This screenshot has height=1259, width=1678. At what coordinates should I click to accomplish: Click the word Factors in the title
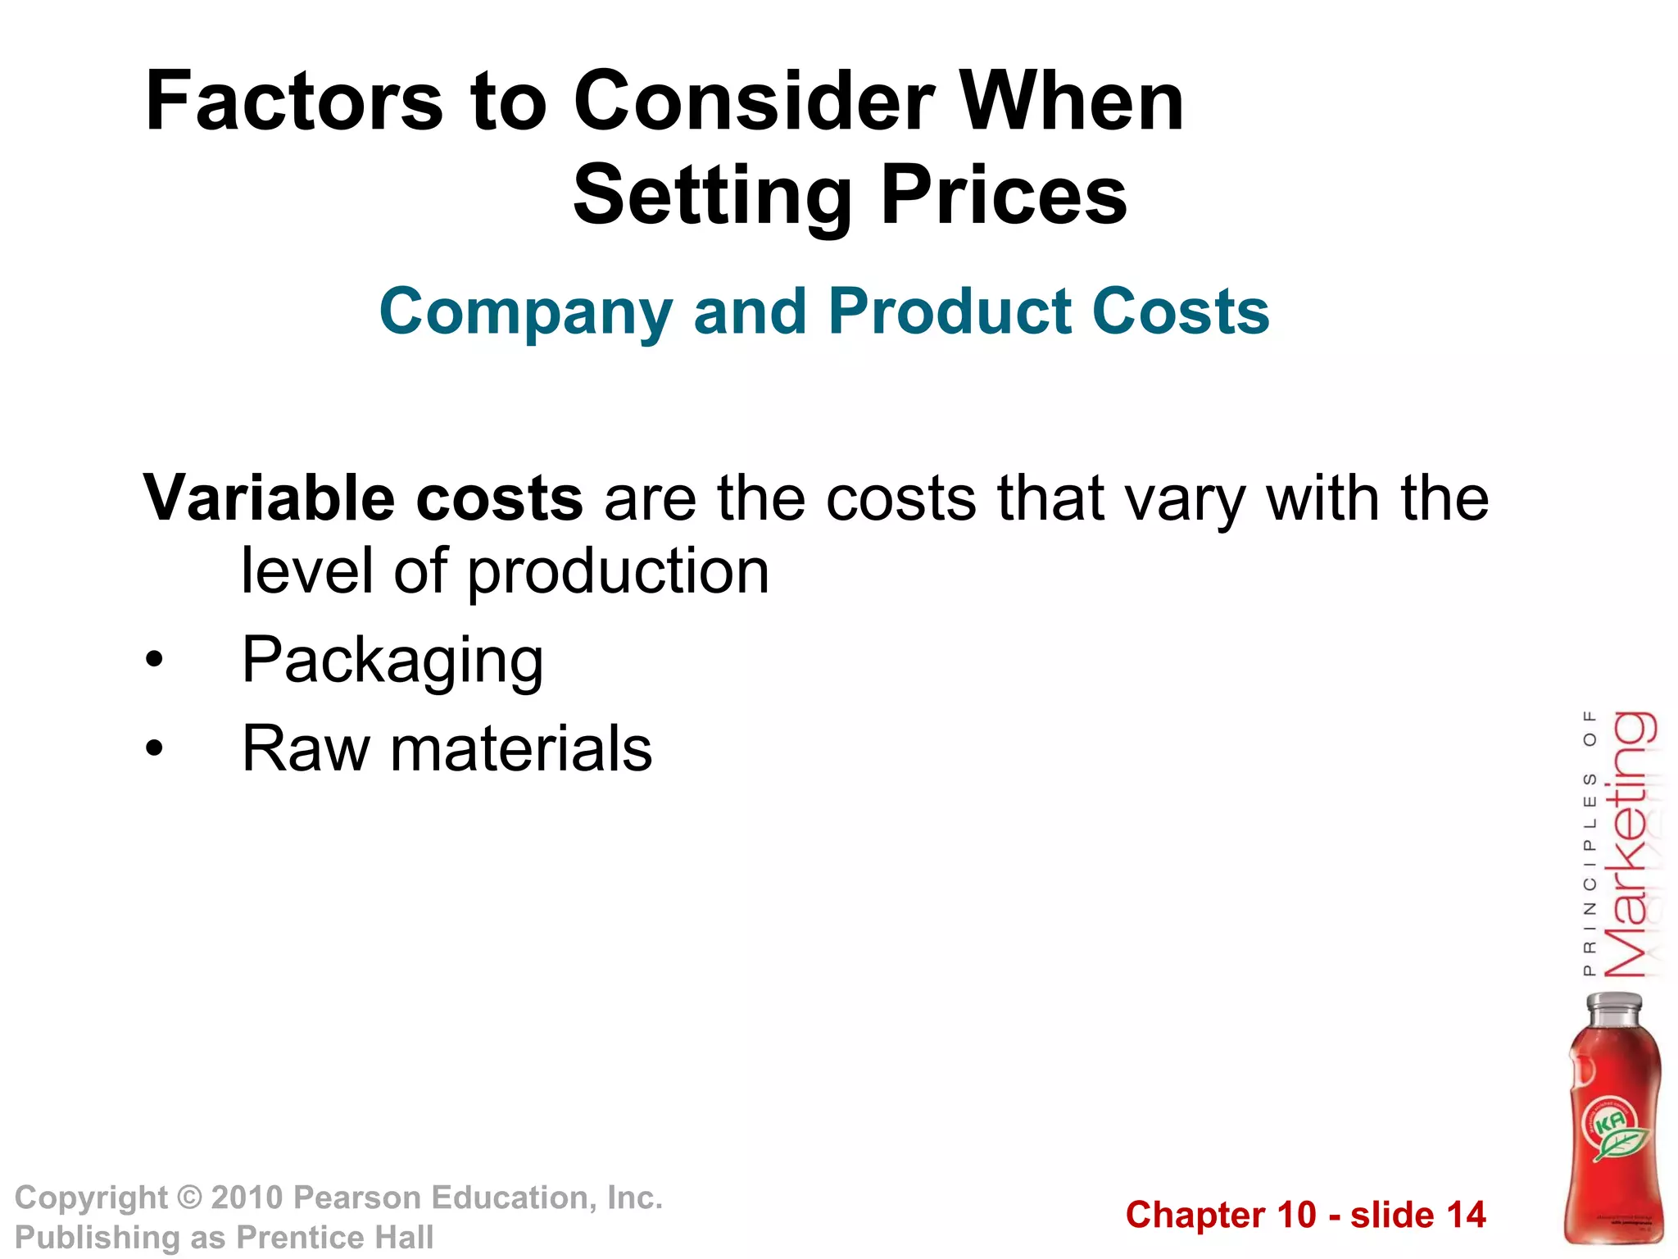click(293, 102)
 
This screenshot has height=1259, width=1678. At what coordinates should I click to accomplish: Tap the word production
click(619, 571)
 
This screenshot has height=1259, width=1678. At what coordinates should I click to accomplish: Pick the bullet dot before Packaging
click(154, 660)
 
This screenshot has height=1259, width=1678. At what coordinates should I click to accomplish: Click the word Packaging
click(392, 661)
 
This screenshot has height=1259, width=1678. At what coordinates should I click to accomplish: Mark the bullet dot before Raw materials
click(154, 748)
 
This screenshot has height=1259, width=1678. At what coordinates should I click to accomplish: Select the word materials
click(521, 748)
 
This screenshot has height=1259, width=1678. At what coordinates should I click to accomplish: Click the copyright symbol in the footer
click(189, 1198)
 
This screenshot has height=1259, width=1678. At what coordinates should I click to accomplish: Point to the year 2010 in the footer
click(247, 1198)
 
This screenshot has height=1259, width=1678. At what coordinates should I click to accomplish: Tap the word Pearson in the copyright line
click(357, 1198)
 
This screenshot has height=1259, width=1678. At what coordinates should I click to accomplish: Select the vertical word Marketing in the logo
click(1630, 844)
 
